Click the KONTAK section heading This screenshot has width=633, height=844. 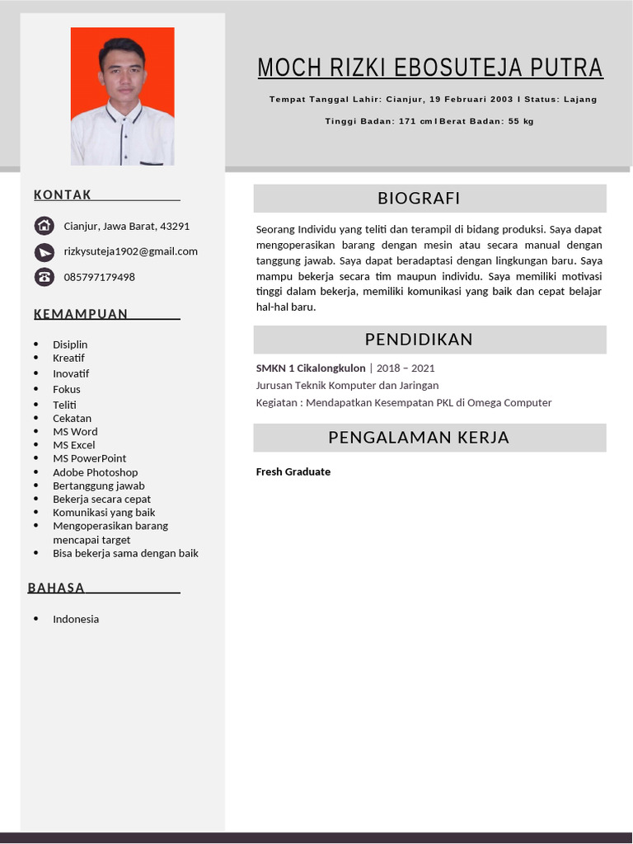(x=63, y=195)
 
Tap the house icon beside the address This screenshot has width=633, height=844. (x=44, y=226)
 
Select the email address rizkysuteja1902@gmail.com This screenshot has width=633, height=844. (x=130, y=251)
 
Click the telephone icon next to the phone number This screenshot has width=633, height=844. (x=44, y=277)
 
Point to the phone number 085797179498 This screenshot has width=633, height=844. (x=99, y=277)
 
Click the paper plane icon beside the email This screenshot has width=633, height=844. (x=44, y=251)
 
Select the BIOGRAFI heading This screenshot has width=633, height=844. (x=419, y=198)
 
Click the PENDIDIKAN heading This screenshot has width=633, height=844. (x=419, y=340)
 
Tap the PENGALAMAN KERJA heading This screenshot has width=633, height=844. (x=419, y=438)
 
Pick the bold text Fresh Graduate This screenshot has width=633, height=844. (x=293, y=472)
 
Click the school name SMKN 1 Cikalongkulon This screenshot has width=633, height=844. (x=311, y=368)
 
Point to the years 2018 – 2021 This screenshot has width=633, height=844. (x=406, y=368)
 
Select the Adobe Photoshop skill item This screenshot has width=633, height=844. (x=95, y=472)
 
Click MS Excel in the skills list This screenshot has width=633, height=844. (x=73, y=445)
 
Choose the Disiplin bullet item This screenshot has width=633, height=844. (x=70, y=345)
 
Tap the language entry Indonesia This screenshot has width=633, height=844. (x=76, y=619)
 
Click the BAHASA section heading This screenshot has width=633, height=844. (x=56, y=588)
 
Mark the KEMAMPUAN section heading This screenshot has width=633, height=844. (x=81, y=314)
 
